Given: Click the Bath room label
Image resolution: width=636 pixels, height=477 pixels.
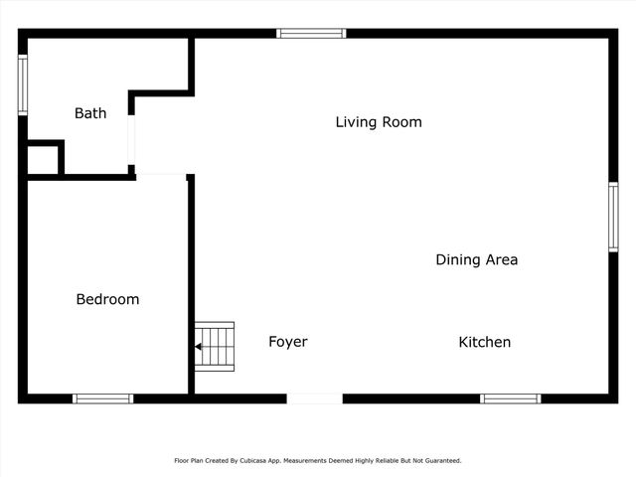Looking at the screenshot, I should pyautogui.click(x=90, y=113).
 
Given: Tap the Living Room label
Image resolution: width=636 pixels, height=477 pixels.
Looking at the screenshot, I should pyautogui.click(x=379, y=122).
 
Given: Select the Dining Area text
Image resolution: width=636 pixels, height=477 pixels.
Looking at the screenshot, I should pyautogui.click(x=476, y=260).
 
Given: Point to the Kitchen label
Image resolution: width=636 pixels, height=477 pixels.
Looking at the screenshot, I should pyautogui.click(x=484, y=342).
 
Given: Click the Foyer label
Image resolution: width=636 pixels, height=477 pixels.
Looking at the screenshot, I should pyautogui.click(x=288, y=342).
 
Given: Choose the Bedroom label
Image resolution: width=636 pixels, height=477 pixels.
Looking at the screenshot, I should pyautogui.click(x=107, y=299).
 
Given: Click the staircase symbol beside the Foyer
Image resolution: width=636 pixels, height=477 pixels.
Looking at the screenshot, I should pyautogui.click(x=215, y=346).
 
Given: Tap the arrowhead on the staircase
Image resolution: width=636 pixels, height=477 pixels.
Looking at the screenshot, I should pyautogui.click(x=199, y=347).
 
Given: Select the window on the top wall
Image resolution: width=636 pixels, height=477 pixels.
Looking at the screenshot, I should pyautogui.click(x=311, y=33).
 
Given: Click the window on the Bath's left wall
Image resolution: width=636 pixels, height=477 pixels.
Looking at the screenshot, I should pyautogui.click(x=23, y=85).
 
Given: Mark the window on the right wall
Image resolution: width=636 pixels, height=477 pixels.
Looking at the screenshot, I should pyautogui.click(x=613, y=217).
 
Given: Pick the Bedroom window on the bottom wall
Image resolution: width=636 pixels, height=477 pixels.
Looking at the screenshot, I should pyautogui.click(x=102, y=398).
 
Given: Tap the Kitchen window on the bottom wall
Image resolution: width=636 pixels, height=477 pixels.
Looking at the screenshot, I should pyautogui.click(x=510, y=398).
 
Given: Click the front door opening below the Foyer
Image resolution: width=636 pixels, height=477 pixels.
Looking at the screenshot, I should pyautogui.click(x=315, y=398).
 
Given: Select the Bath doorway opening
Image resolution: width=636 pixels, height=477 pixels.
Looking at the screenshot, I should pyautogui.click(x=132, y=140).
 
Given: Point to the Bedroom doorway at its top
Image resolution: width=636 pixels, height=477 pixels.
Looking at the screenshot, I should pyautogui.click(x=161, y=176).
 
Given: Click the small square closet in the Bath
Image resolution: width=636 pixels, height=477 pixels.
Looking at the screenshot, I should pyautogui.click(x=43, y=159).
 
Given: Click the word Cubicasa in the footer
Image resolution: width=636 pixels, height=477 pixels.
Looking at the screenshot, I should pyautogui.click(x=256, y=461).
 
